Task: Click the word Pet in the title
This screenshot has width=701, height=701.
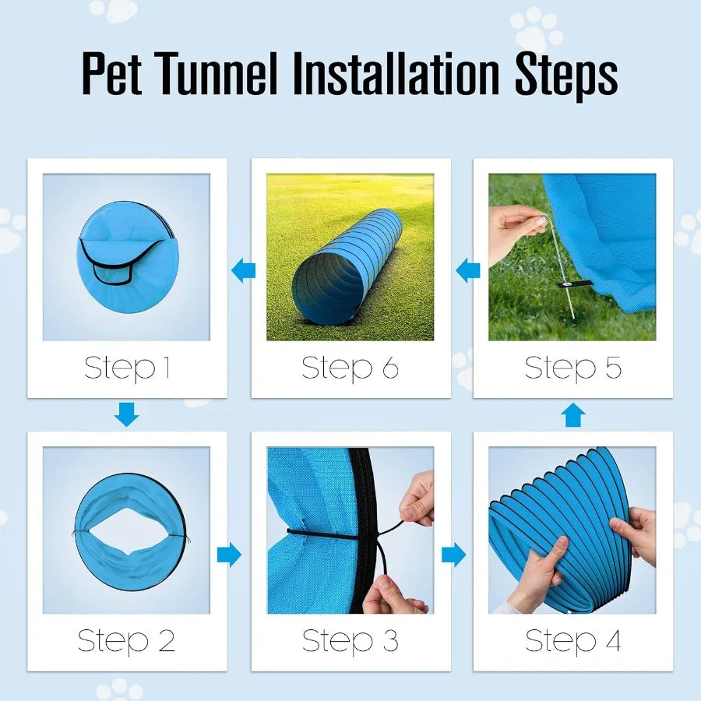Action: [x=114, y=75]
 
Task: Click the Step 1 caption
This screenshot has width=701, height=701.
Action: [x=127, y=368]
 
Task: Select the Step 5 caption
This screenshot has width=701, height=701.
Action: [x=573, y=368]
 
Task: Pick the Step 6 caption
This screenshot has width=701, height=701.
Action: [x=350, y=368]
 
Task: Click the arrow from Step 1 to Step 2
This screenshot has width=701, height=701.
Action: [x=126, y=414]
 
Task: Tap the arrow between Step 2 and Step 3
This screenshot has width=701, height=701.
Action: [x=229, y=555]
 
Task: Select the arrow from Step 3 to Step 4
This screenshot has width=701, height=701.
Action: [x=453, y=555]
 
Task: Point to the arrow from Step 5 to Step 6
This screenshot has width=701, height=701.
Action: [x=468, y=271]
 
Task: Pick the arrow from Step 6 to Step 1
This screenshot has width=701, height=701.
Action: [x=244, y=271]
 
